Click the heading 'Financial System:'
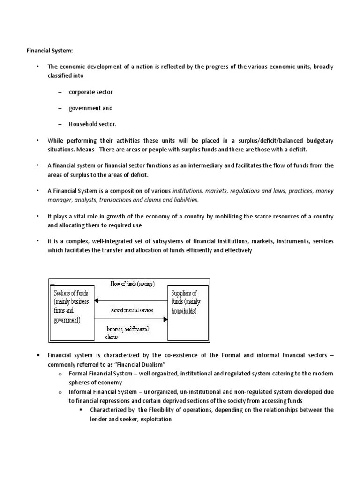pyautogui.click(x=49, y=51)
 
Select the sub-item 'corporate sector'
pyautogui.click(x=90, y=92)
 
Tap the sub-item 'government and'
pyautogui.click(x=90, y=108)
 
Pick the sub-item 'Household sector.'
pyautogui.click(x=92, y=124)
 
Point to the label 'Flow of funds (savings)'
pyautogui.click(x=132, y=284)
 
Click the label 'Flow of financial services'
pyautogui.click(x=132, y=310)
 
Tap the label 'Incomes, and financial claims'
pyautogui.click(x=127, y=332)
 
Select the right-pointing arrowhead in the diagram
pyautogui.click(x=165, y=319)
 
